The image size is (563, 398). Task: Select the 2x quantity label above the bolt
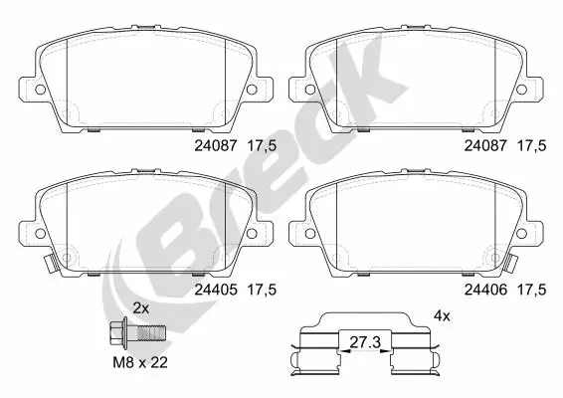(140, 309)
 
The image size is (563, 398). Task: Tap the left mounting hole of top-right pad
(309, 90)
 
